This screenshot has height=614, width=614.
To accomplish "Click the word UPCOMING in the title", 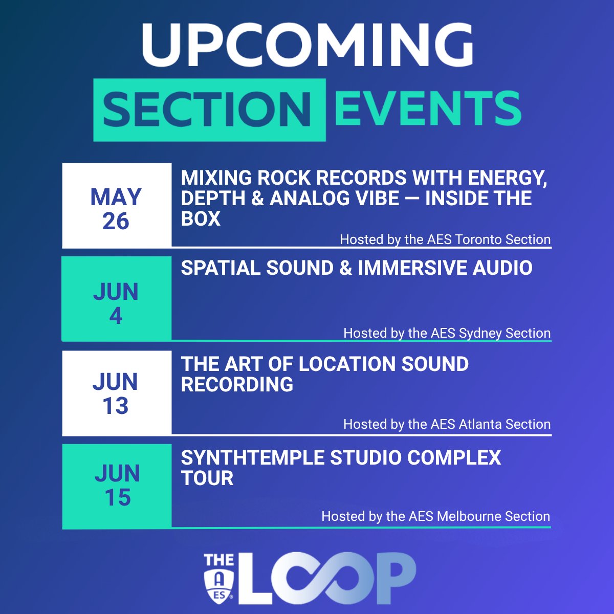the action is (307, 45).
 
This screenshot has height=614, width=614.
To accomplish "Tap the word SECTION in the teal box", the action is (207, 109).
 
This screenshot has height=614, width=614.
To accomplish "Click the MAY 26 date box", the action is (117, 205).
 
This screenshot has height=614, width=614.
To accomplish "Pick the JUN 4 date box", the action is (117, 299).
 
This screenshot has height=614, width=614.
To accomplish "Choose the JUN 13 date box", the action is (117, 393).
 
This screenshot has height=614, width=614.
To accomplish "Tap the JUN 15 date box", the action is (117, 486).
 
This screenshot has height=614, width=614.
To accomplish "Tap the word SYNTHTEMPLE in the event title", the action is (253, 458).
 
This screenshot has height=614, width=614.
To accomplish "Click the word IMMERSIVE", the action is (412, 268).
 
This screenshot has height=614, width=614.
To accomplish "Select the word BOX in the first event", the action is (201, 219).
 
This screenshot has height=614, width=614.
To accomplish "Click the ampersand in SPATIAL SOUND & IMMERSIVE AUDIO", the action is (346, 268).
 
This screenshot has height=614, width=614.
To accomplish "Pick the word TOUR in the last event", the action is (207, 478).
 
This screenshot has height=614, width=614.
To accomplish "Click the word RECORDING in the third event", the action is (237, 385).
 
